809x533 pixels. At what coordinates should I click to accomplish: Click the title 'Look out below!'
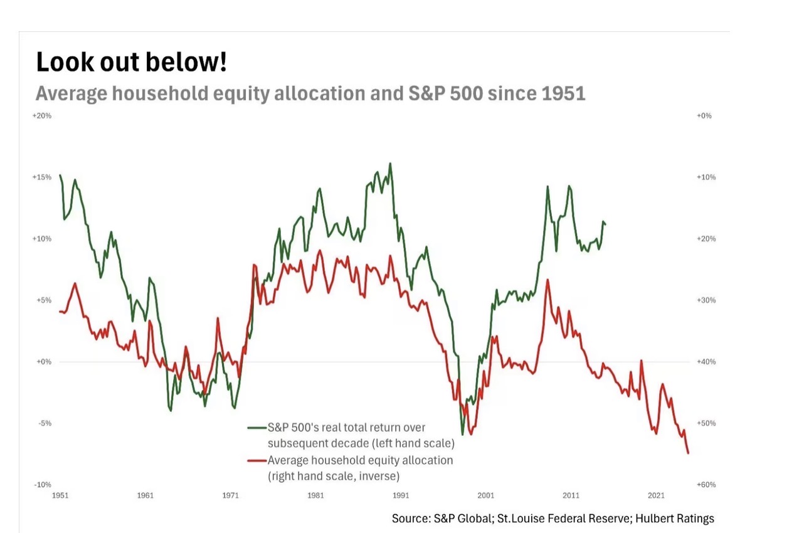coord(131,62)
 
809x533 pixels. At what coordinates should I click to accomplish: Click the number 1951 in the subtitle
coord(561,93)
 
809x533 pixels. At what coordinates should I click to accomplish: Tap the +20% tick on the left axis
coord(42,116)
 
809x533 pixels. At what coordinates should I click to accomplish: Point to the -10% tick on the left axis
coord(42,485)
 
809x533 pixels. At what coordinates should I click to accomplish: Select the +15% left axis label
coord(42,177)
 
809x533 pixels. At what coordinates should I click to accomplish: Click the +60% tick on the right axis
coord(706,485)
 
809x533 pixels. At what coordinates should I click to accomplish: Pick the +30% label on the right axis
coord(706,300)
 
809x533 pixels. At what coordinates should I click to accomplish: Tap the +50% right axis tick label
coord(706,423)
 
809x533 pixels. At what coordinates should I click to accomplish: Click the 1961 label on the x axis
coord(145,495)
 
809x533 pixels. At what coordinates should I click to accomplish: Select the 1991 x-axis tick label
coord(401,495)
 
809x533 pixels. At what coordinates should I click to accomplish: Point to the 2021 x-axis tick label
coord(657,495)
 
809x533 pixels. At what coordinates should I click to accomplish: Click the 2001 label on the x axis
coord(486,495)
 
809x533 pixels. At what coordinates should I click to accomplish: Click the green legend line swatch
coord(256,428)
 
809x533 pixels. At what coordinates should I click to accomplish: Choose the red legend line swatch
coord(256,461)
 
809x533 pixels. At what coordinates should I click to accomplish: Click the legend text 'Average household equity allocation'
coord(360,461)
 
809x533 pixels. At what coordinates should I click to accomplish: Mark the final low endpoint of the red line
coord(689,453)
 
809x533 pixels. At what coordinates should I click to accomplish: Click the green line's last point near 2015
coord(605,224)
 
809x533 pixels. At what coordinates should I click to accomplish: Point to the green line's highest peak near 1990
coord(390,164)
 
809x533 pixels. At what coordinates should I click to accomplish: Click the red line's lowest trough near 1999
coord(470,435)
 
